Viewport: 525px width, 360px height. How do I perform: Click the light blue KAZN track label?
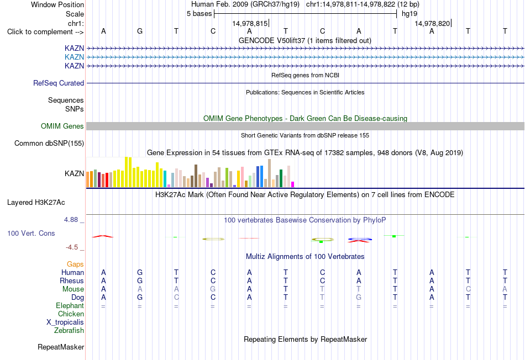click(75, 57)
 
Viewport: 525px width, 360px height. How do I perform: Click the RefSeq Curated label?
click(59, 83)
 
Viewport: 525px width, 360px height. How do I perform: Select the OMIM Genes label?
click(62, 126)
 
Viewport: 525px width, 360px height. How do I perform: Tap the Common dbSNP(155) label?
click(49, 143)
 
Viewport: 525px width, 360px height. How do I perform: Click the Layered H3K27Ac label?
click(36, 203)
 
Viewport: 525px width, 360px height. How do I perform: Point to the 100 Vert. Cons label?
click(31, 233)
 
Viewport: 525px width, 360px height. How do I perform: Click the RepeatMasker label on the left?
click(61, 347)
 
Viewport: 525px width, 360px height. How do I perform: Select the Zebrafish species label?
click(69, 331)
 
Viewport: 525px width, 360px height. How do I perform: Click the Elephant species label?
click(70, 306)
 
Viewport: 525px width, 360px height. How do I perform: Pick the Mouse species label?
click(73, 289)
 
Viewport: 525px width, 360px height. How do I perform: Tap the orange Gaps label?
click(75, 264)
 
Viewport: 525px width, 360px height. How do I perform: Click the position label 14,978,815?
click(250, 23)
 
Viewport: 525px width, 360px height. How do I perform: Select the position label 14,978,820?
click(432, 23)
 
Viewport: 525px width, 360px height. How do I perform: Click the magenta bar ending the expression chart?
click(293, 184)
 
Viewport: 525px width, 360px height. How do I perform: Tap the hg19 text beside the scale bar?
click(410, 14)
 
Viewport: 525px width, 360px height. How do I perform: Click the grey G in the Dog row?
click(359, 298)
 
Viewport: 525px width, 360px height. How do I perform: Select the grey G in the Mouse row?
click(213, 289)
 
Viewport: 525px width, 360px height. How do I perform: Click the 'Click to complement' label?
click(45, 32)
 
